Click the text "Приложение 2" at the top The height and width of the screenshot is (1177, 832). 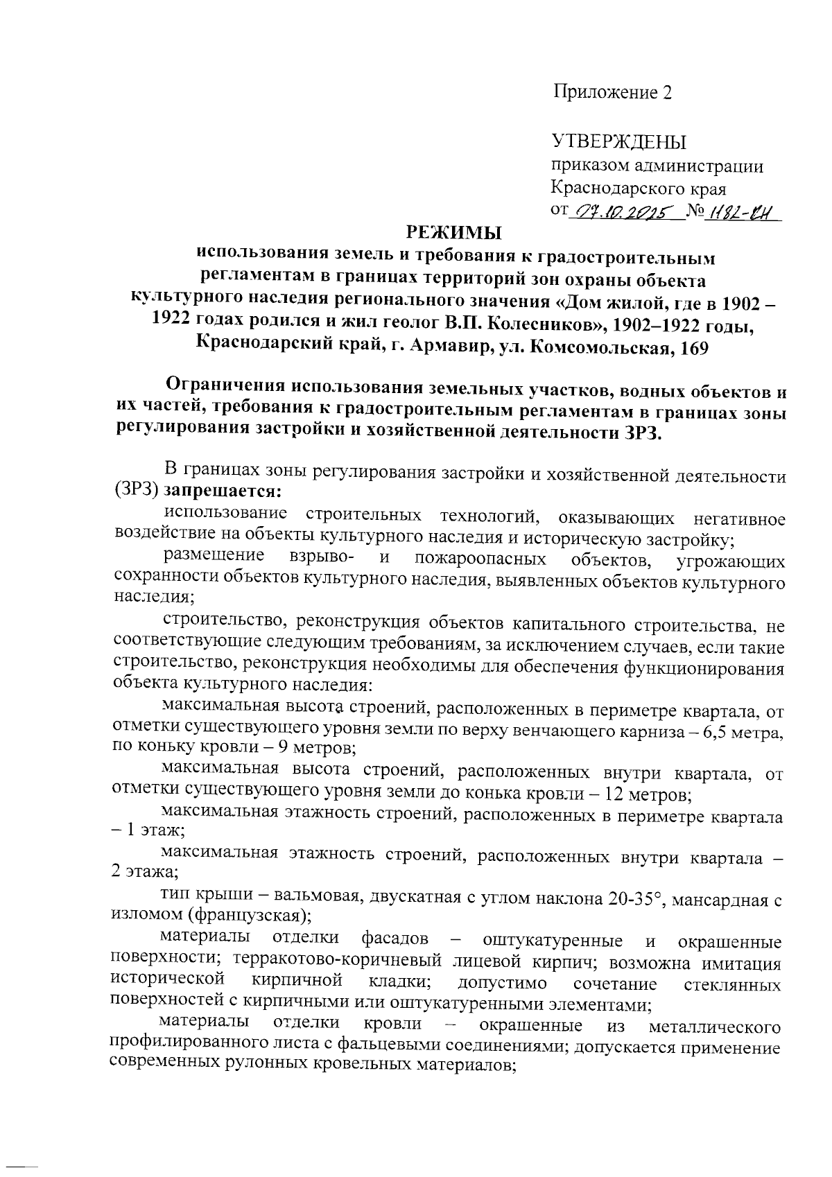tap(612, 93)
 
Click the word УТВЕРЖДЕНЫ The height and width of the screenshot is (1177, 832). tap(618, 142)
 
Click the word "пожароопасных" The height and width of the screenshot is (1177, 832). tap(480, 559)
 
